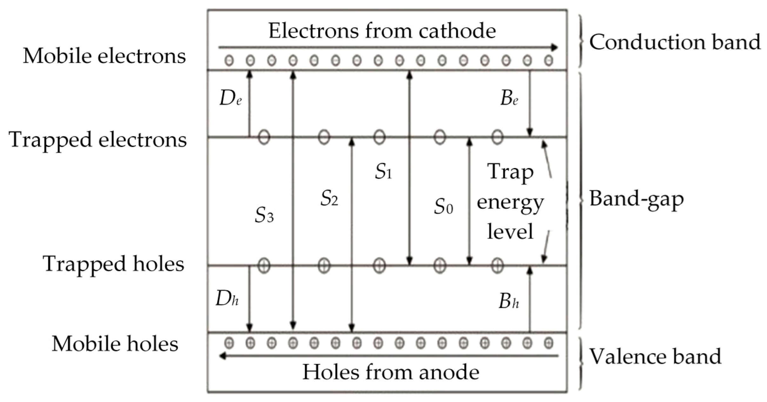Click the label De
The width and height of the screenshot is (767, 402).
coord(231,99)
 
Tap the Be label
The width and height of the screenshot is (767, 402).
coord(509,99)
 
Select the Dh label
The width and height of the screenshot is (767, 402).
coord(227,299)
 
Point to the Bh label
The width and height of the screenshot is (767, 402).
coord(508,301)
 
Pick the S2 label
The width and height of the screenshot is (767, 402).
coord(329,199)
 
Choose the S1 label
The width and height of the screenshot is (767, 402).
coord(383,172)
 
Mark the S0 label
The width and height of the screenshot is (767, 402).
coord(443,207)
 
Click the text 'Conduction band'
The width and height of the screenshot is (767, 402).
coord(675,42)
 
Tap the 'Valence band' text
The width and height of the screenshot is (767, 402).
coord(655,356)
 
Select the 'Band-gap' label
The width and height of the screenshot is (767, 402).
coord(636,199)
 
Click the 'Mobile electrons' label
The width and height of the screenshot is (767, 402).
coord(104,56)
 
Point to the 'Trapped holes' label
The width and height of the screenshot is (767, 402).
coord(113,264)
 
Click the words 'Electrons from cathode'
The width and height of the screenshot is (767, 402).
coord(382,31)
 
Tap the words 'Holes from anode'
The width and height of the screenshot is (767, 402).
coord(391,372)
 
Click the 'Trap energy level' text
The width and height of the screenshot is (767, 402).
coord(510,202)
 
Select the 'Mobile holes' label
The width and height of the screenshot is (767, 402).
coord(115,344)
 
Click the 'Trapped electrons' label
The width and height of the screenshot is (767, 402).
coord(98,139)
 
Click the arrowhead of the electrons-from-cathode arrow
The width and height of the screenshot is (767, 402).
coord(554,48)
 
